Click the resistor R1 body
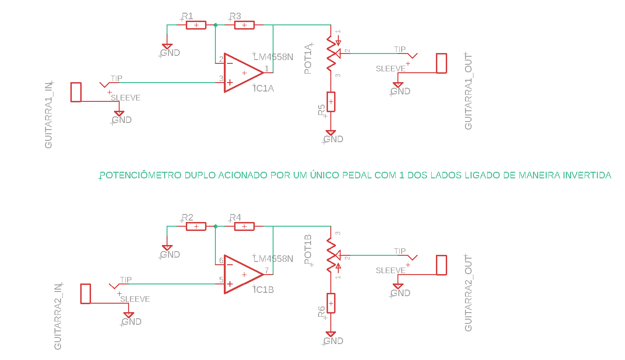[196, 25]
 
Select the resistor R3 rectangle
[244, 25]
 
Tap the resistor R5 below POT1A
[331, 102]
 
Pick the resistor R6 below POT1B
[331, 303]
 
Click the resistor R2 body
[196, 226]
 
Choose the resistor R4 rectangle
[244, 226]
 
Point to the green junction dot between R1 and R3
[215, 25]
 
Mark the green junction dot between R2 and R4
[215, 226]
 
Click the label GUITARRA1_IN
[48, 115]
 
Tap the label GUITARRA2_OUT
[468, 293]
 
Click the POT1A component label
[308, 59]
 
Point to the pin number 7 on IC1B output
[267, 270]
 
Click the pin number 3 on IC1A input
[221, 78]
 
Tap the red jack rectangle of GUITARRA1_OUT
[442, 63]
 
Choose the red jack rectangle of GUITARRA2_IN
[86, 293]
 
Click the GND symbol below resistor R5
[331, 133]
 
